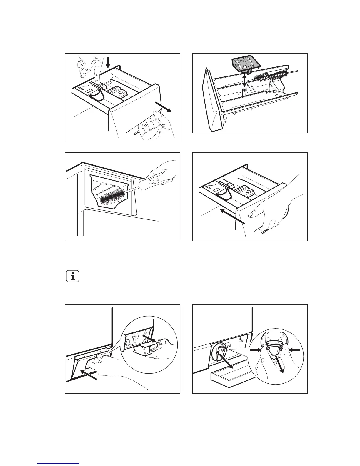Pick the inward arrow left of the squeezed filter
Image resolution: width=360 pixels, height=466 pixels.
[255, 350]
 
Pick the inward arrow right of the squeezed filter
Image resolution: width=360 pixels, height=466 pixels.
[295, 350]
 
